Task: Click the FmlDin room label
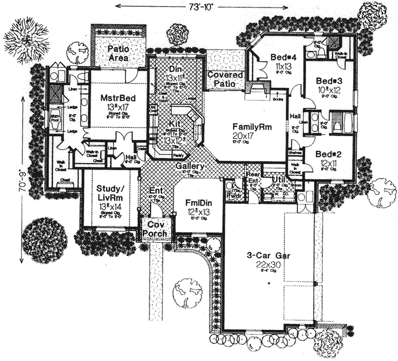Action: [199, 202]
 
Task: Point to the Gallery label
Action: [190, 166]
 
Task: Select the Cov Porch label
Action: [155, 230]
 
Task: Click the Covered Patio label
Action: [225, 79]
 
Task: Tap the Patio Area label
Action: [117, 52]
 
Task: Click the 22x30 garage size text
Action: [268, 264]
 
